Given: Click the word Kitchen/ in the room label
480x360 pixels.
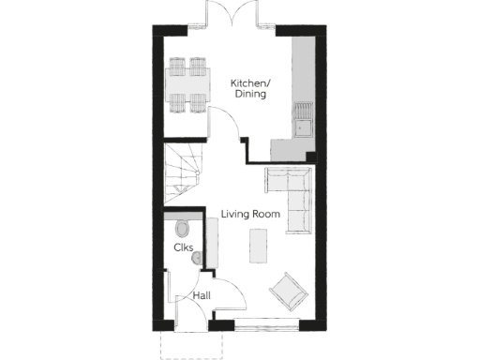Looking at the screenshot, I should click(x=249, y=82).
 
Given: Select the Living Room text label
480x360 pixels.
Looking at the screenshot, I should click(x=250, y=215).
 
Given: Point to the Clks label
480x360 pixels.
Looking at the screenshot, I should click(x=184, y=248).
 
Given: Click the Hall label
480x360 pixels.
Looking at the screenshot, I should click(x=201, y=296).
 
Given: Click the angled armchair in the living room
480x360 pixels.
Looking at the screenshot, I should click(x=288, y=291).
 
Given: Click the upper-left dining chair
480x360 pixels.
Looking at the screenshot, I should click(x=175, y=65).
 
